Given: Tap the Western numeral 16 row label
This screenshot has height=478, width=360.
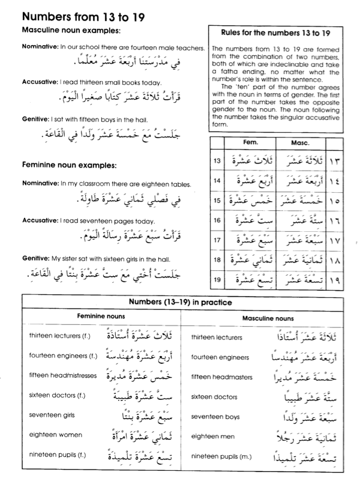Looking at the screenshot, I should point(217,220).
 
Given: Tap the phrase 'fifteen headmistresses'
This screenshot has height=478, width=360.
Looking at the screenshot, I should point(62,375).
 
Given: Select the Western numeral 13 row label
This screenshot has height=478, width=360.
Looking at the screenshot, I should point(217,162).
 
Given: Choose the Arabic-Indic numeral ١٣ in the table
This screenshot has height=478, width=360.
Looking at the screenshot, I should point(335,162).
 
